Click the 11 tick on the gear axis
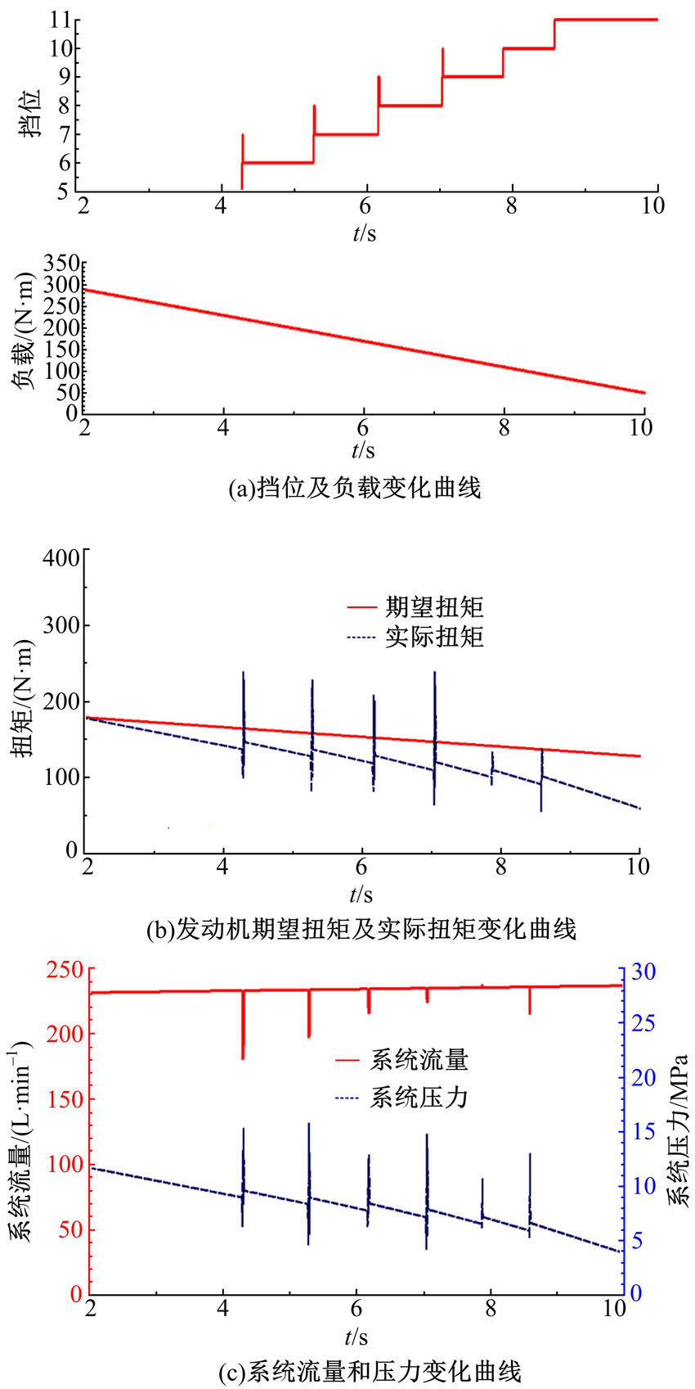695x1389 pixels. point(60,20)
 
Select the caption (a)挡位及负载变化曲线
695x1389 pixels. point(355,489)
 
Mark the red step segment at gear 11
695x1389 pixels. point(605,19)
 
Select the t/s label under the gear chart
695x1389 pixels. point(365,234)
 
